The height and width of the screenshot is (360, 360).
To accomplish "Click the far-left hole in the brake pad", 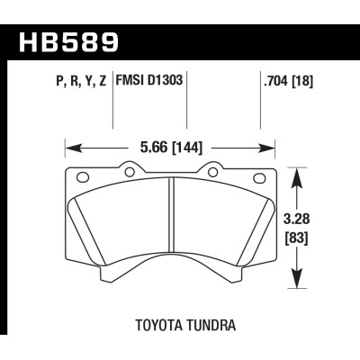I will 81,176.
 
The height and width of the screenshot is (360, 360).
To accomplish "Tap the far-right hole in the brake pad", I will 264,176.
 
